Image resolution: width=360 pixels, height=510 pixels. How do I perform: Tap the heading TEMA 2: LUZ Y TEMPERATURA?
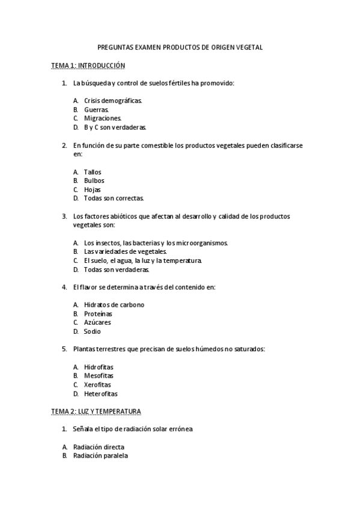(96, 411)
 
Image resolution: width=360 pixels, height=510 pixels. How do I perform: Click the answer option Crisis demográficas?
(113, 100)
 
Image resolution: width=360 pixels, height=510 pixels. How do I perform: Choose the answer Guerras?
(96, 109)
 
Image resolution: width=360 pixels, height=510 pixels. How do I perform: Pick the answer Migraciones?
(102, 118)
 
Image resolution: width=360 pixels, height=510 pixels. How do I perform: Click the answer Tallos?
(93, 172)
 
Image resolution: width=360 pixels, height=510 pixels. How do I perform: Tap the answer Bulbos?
(94, 180)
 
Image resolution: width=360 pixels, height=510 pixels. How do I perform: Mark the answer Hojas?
(92, 189)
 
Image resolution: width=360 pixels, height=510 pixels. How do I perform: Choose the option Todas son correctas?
(114, 198)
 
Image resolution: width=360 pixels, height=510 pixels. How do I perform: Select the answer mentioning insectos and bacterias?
(156, 243)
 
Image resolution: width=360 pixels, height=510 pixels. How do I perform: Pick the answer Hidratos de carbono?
(114, 305)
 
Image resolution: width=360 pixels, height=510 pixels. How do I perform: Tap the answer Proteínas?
(98, 314)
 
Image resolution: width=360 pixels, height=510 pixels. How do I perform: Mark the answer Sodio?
(93, 331)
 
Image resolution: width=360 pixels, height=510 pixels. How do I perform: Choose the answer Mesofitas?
(99, 376)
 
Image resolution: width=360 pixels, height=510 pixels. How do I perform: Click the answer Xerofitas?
(97, 385)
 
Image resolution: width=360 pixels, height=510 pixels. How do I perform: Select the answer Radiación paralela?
(100, 456)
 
